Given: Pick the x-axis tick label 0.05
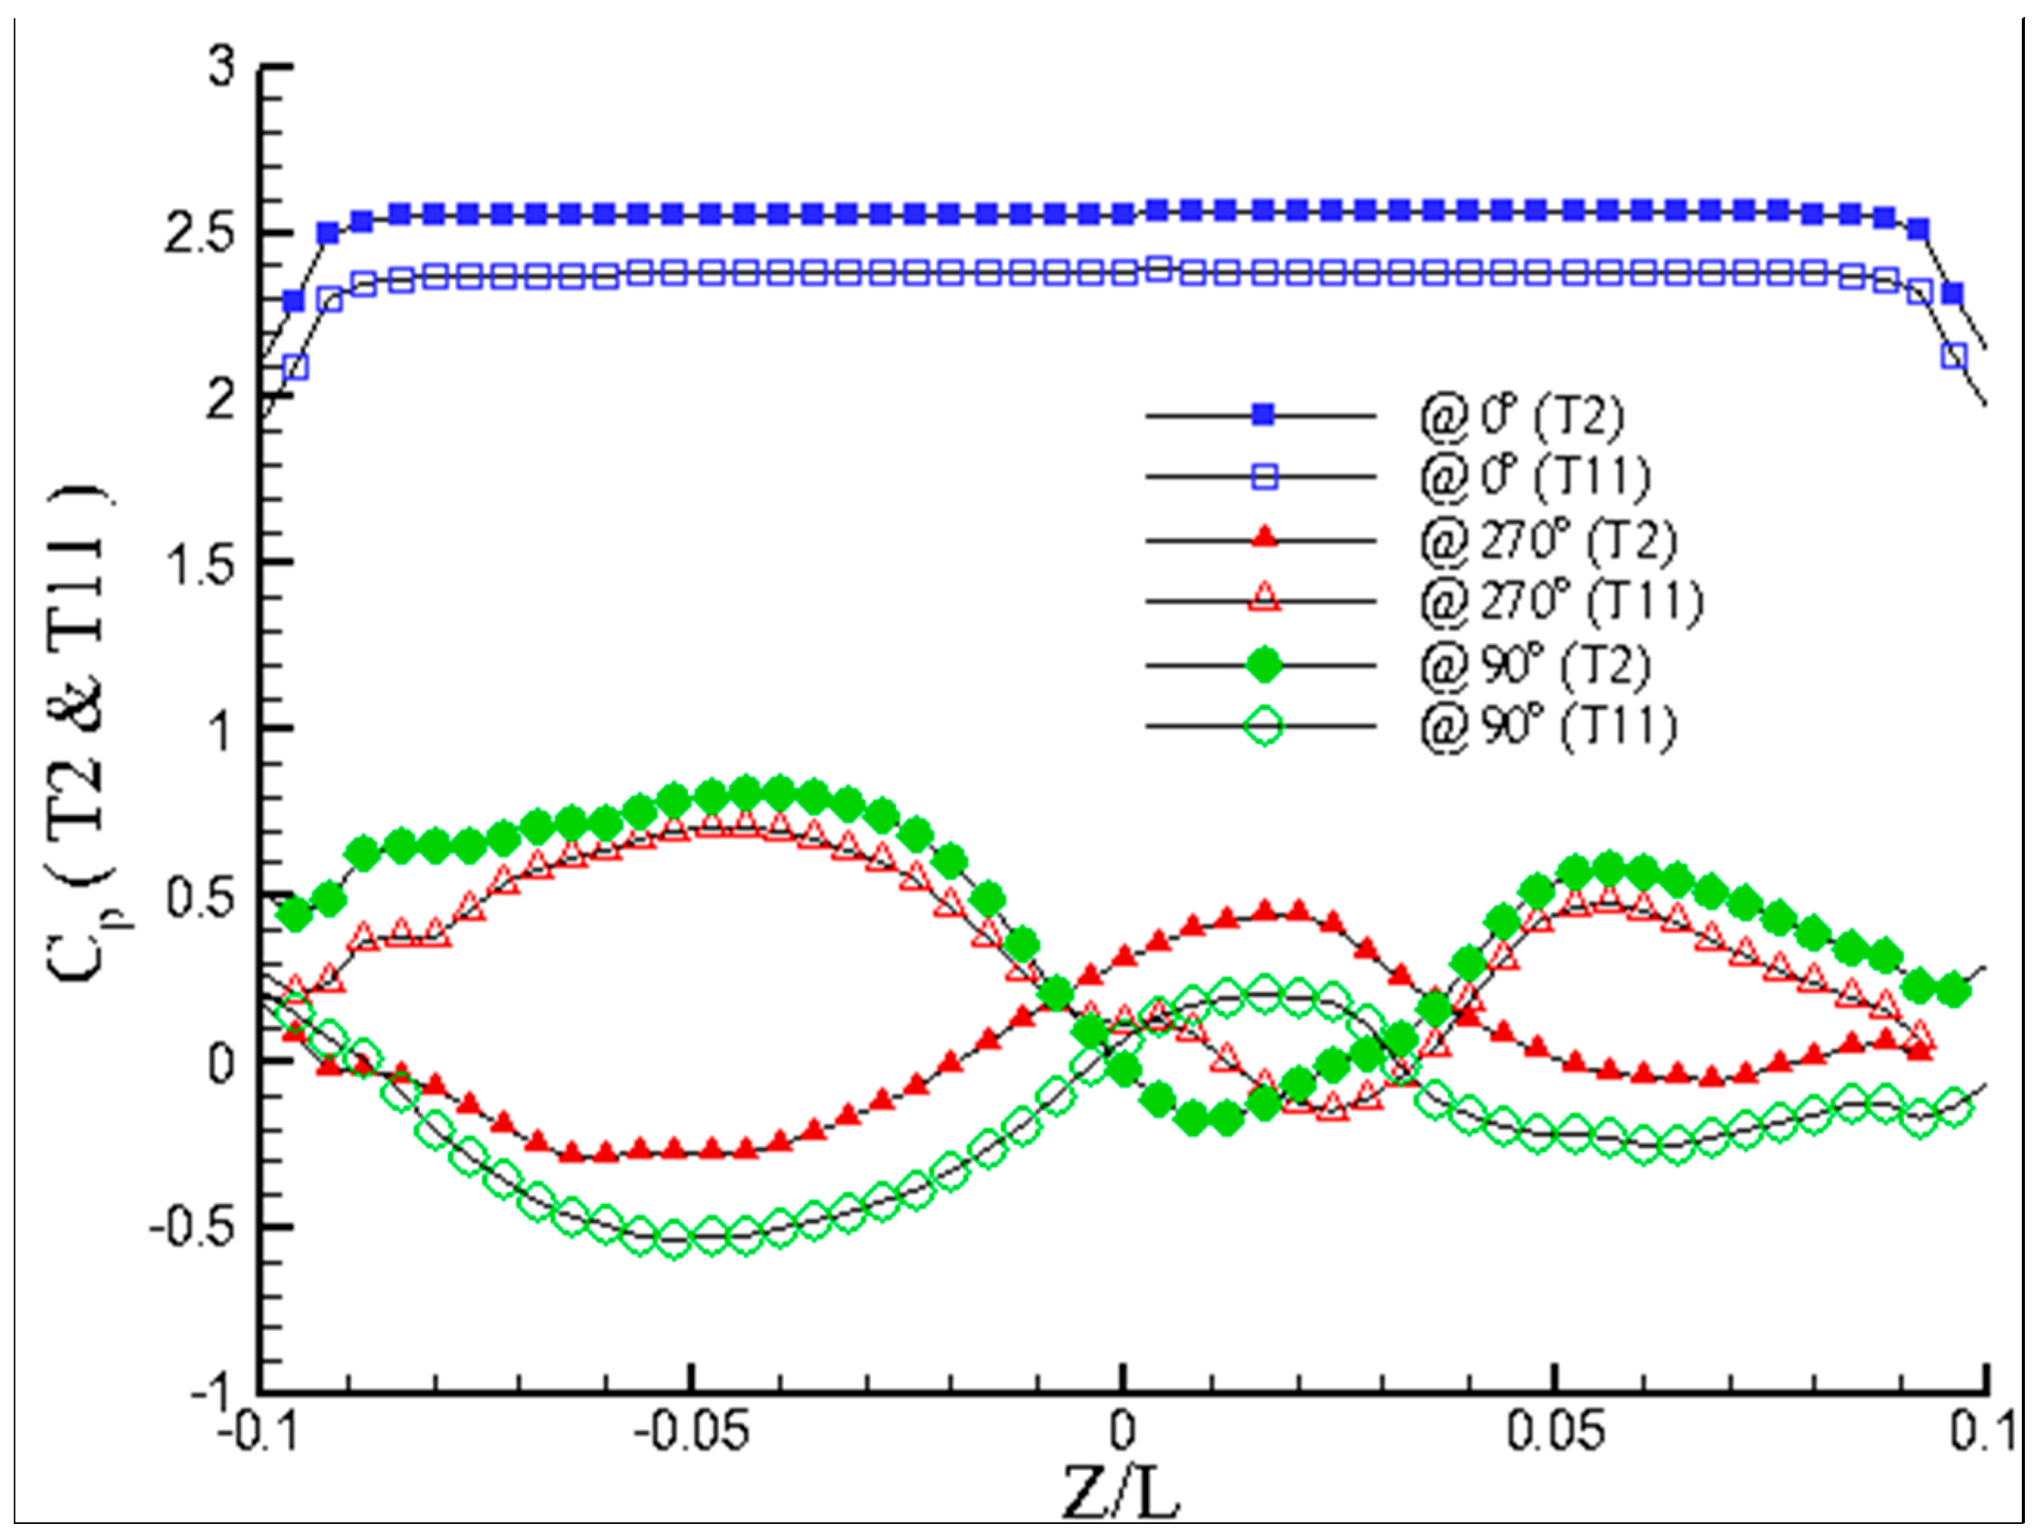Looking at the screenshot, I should coord(1554,1433).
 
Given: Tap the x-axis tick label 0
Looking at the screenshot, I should coord(1121,1433).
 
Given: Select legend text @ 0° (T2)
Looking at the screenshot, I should coord(1521,416).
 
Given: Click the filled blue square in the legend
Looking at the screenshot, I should coord(1264,415).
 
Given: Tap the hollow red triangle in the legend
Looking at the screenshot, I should coord(1264,599).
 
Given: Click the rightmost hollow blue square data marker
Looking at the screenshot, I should coord(1954,356).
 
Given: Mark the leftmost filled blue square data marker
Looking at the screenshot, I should coord(293,301).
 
